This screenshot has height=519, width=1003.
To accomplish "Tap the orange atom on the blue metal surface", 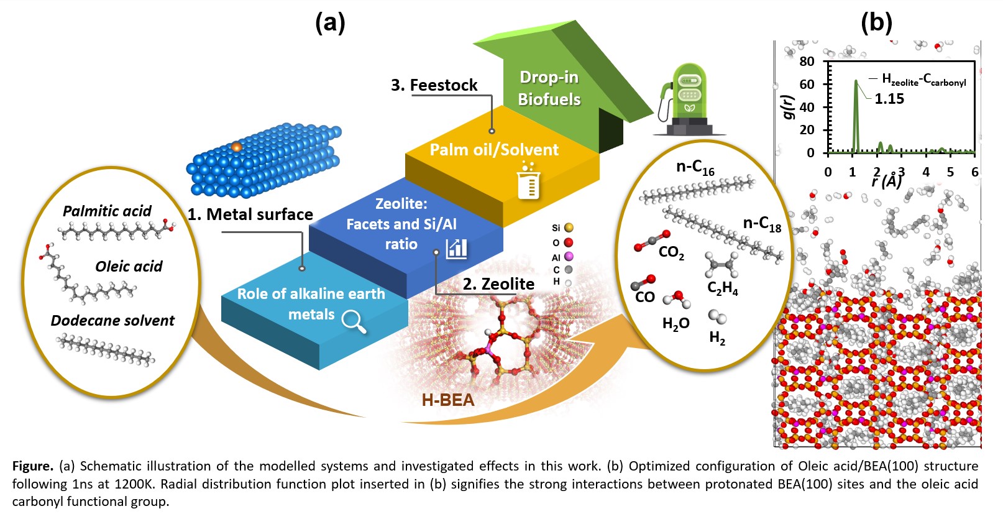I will click(x=236, y=147).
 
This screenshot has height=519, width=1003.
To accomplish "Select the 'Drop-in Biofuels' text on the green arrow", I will click(x=549, y=88).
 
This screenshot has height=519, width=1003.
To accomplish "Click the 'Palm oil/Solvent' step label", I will click(x=494, y=150).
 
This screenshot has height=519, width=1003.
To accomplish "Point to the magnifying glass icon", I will click(x=354, y=321).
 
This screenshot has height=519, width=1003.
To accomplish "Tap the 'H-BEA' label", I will click(x=447, y=400).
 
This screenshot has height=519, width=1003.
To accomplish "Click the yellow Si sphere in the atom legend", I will click(x=569, y=227).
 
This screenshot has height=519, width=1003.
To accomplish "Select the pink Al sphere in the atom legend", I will click(x=569, y=256).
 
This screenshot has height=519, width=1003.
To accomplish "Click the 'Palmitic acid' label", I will click(x=107, y=211).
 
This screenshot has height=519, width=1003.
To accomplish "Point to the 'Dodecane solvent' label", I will click(x=112, y=321).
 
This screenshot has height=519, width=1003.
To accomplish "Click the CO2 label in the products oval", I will click(x=671, y=252).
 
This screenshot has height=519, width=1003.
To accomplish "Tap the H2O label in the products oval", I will click(x=676, y=323).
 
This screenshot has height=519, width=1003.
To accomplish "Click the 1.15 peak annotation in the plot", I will click(x=889, y=99).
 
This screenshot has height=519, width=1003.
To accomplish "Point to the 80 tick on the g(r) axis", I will click(x=807, y=62).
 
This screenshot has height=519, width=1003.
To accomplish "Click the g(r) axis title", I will click(x=788, y=107).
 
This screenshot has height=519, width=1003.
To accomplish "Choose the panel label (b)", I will click(x=876, y=22).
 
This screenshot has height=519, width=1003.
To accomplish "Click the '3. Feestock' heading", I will click(x=434, y=85).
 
